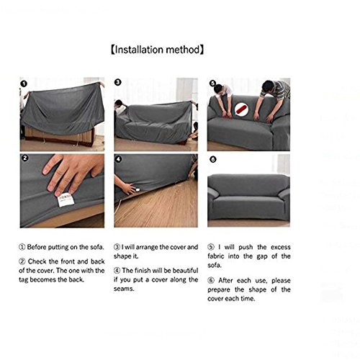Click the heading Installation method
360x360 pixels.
(157, 50)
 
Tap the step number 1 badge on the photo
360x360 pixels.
(24, 84)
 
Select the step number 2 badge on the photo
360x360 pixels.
(24, 158)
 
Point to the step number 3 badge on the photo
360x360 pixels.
(117, 82)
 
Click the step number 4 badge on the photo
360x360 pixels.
(119, 159)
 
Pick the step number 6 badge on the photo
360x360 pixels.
(213, 159)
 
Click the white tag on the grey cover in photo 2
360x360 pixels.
(66, 200)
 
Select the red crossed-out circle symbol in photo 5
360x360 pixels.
(242, 109)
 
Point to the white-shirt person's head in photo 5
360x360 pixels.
(218, 89)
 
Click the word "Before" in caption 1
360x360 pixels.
(37, 247)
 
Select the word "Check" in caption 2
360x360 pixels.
(37, 261)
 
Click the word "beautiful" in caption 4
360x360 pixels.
(185, 271)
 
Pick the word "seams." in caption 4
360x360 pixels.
(124, 289)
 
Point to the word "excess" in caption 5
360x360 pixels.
(281, 247)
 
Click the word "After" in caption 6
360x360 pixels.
(225, 280)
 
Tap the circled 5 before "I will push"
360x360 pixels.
(211, 247)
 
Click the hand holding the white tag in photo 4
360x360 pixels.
(128, 189)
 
